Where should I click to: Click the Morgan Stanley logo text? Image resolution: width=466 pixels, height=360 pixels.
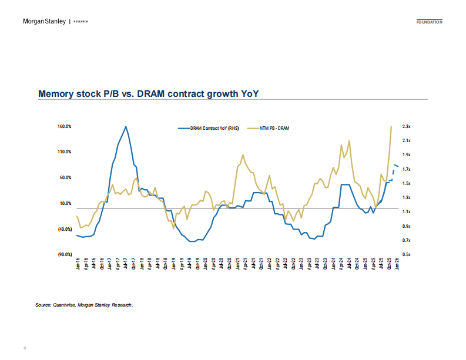45,22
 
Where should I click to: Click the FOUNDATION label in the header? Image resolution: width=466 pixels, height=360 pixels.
429,22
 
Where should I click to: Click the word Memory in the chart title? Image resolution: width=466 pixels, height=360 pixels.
58,93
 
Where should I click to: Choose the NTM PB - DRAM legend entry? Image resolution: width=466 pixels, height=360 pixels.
275,127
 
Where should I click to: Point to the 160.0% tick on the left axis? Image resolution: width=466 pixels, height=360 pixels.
65,126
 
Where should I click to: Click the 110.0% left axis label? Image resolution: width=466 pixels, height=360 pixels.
65,152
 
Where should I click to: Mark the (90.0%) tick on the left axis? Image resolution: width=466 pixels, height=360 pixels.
65,254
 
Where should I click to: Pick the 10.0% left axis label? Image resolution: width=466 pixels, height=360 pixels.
66,203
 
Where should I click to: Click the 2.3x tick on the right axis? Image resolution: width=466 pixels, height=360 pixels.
406,126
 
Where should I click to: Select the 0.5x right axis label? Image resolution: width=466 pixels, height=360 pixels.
406,254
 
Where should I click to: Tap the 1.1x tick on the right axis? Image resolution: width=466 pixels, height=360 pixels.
406,211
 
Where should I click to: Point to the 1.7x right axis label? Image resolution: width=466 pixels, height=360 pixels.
406,169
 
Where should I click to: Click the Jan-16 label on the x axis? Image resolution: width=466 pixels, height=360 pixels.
78,264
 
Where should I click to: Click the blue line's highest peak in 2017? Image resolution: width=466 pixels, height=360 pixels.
126,126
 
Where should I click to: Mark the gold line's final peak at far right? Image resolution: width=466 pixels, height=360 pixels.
391,126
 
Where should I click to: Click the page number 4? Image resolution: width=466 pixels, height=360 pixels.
25,348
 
